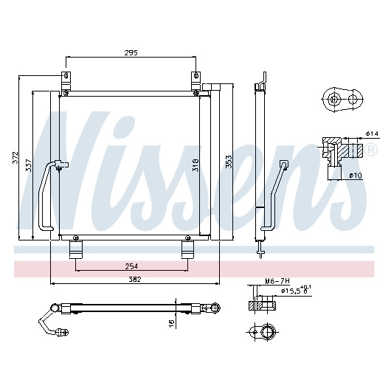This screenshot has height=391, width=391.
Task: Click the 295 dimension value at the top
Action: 131,53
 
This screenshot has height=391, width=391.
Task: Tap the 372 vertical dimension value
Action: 15,158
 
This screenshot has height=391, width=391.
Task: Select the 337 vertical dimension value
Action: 29,165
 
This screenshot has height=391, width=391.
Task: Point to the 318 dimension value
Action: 195,165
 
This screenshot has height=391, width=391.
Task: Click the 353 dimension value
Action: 229,162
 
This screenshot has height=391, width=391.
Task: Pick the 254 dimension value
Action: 131,266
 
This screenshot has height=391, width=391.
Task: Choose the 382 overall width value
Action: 135,279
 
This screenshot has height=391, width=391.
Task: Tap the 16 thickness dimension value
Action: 172,323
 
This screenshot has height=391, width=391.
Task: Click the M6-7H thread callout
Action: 277,281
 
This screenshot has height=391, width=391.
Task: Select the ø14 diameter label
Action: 372,134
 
